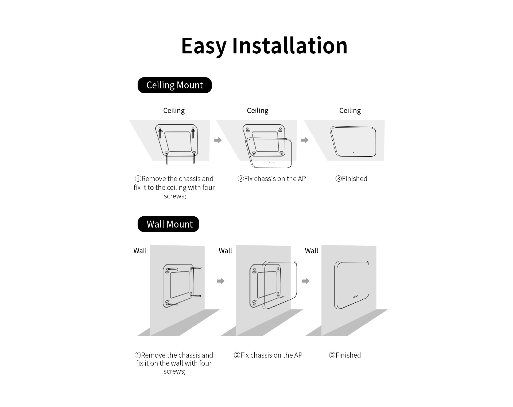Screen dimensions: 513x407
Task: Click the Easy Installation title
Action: [264, 46]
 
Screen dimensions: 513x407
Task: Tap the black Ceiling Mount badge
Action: [175, 85]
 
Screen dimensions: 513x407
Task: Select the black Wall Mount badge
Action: [168, 224]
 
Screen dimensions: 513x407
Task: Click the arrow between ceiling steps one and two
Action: [218, 140]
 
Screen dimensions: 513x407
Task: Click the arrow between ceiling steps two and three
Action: [305, 140]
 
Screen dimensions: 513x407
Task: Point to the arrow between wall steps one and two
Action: [221, 281]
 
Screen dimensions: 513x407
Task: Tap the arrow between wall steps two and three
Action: [306, 281]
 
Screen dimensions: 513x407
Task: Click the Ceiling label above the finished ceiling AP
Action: [350, 111]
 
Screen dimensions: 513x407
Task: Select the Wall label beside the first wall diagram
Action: [140, 251]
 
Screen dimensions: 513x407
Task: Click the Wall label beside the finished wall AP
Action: [312, 251]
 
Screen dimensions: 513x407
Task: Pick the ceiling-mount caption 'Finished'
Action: [355, 179]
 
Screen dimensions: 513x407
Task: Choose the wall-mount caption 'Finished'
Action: [348, 355]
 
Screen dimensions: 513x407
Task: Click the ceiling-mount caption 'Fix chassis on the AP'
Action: [275, 179]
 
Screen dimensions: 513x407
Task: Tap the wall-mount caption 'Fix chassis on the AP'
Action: [271, 355]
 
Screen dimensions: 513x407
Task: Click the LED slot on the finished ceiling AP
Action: [356, 152]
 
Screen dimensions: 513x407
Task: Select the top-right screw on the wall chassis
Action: [196, 268]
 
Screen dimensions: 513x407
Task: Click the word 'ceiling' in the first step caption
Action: [176, 188]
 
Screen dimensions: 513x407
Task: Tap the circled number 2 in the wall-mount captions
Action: [237, 355]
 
